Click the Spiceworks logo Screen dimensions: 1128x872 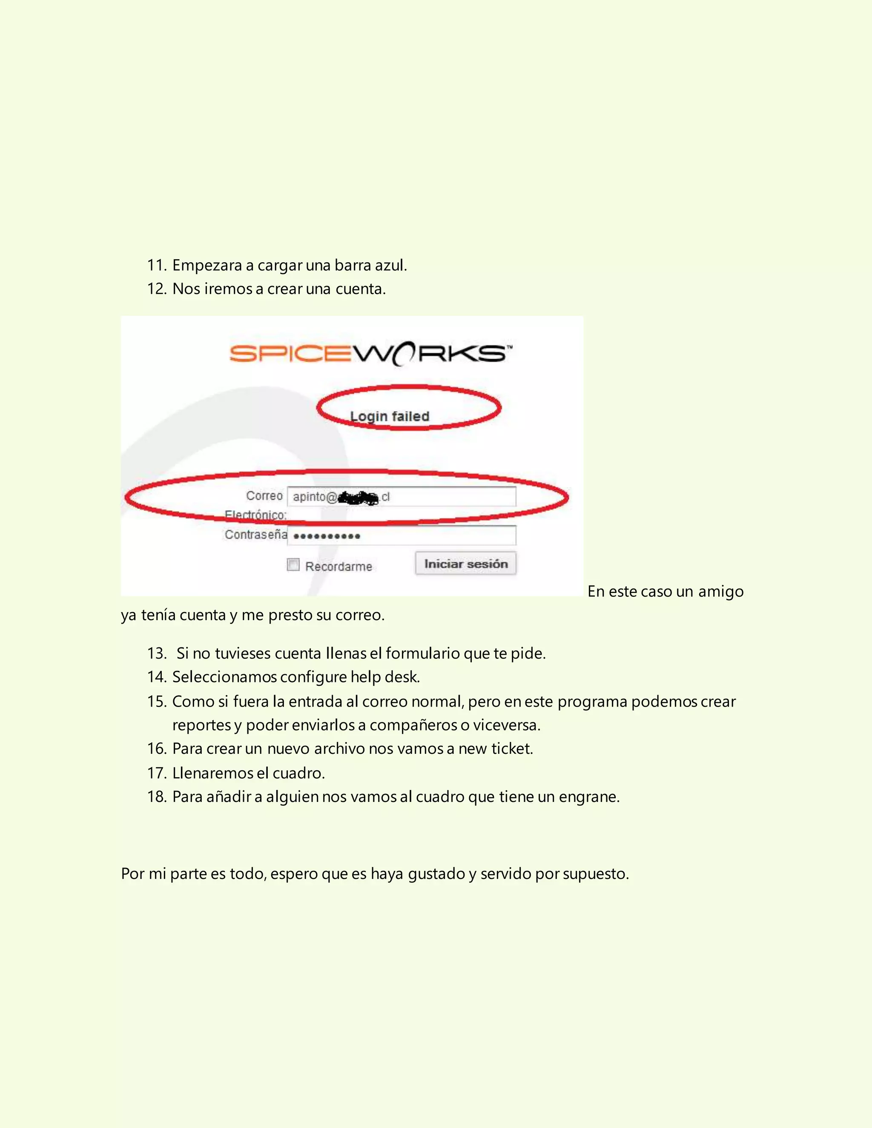click(x=370, y=354)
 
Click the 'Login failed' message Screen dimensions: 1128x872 click(x=390, y=416)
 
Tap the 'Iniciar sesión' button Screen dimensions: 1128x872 click(x=465, y=564)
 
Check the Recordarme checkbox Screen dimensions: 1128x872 click(x=293, y=565)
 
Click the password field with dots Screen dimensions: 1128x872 click(x=402, y=535)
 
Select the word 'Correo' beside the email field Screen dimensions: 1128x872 click(x=264, y=496)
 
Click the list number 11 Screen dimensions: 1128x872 click(x=156, y=266)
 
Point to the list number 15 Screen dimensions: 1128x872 click(x=156, y=701)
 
